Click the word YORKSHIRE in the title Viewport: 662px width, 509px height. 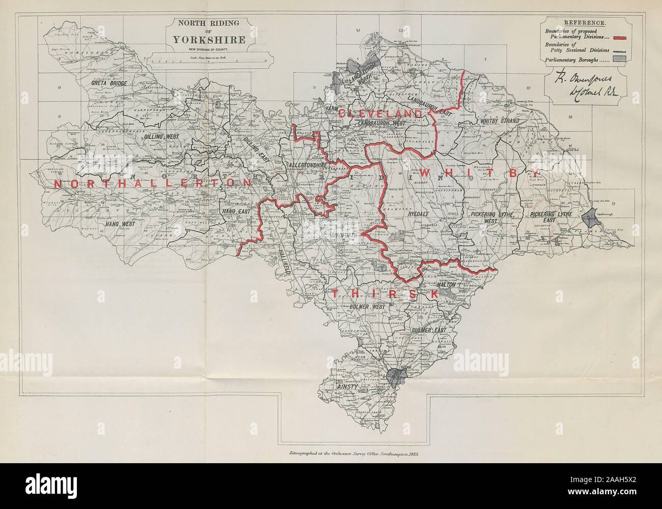click(x=208, y=40)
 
